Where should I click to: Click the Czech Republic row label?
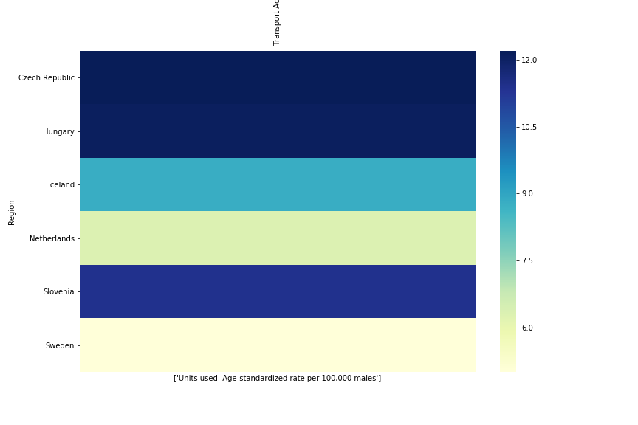point(46,78)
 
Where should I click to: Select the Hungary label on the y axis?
point(58,131)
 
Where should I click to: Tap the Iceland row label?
point(61,185)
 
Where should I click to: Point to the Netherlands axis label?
point(52,238)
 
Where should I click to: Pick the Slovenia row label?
point(58,292)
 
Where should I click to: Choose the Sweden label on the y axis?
point(59,345)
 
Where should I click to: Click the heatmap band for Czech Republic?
point(277,77)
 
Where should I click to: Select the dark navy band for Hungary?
point(277,131)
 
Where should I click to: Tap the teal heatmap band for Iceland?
point(277,184)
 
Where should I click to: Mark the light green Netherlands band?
point(277,238)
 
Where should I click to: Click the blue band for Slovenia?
point(277,291)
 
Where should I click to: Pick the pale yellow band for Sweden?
point(277,345)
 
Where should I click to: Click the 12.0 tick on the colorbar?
point(529,60)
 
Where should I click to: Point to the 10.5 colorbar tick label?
point(529,127)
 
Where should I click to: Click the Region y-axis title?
point(12,212)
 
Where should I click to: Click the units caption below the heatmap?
point(277,379)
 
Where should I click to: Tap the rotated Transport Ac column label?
point(277,23)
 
